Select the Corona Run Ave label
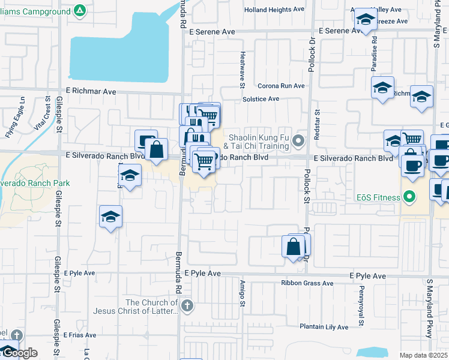tap(281, 86)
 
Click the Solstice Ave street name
tap(261, 99)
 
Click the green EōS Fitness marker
tap(410, 196)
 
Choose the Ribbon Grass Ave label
tap(307, 283)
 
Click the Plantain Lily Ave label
tap(324, 327)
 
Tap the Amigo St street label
tap(243, 295)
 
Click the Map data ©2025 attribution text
tap(424, 355)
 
